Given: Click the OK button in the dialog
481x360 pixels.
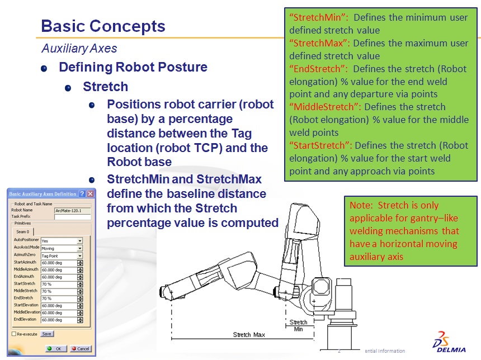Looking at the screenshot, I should (x=54, y=348).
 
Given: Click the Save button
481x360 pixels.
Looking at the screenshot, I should (x=47, y=334).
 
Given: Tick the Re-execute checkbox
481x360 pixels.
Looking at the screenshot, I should (x=14, y=334).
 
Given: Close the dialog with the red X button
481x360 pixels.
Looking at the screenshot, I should (x=90, y=193).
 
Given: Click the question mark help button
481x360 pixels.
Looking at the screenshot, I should (x=82, y=193).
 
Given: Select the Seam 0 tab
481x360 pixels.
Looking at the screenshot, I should (x=23, y=231).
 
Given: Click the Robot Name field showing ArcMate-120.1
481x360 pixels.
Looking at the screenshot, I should (x=68, y=210).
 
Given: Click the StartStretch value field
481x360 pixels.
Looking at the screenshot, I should (x=58, y=284).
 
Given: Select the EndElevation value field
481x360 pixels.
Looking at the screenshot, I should (x=58, y=320).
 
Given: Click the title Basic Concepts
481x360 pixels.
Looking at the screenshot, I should (x=103, y=26).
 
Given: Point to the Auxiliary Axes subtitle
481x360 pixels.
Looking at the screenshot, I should (x=79, y=49).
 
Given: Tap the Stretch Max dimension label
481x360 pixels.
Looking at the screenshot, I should (x=249, y=334).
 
